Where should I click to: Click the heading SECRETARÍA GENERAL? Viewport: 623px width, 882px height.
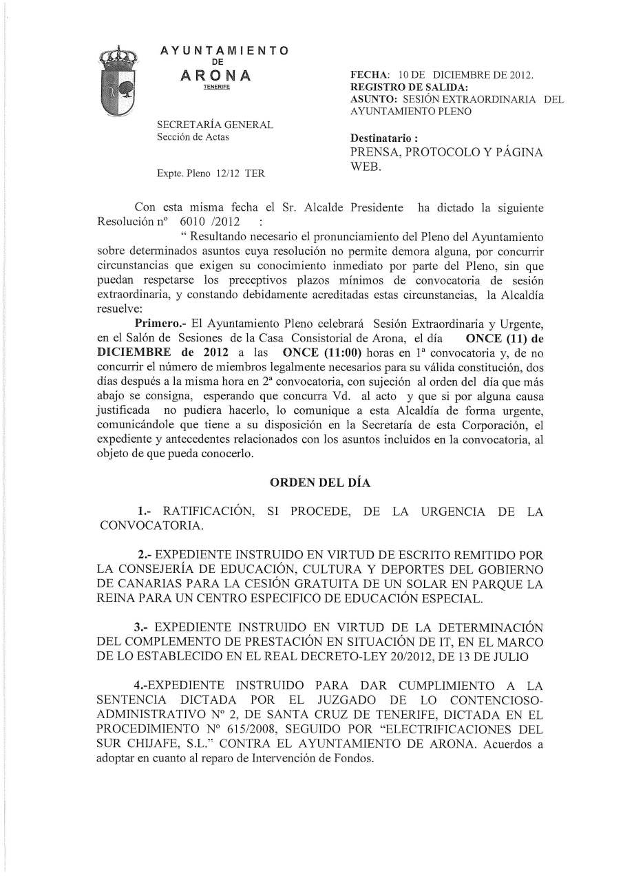click(x=215, y=125)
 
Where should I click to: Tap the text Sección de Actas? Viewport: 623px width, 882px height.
click(x=193, y=137)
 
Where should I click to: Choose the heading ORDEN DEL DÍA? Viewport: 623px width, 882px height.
click(x=319, y=483)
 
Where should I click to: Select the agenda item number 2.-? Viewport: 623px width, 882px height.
click(x=149, y=554)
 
